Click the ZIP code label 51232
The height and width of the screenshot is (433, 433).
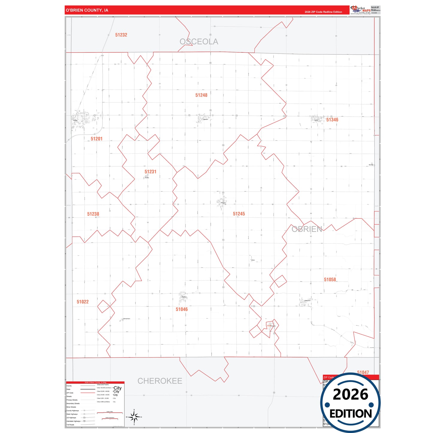121,35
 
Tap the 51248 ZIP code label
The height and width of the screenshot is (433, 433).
201,95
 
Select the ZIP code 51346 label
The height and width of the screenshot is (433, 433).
332,120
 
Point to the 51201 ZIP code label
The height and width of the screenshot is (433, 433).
96,139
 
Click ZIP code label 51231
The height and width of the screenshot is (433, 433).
150,172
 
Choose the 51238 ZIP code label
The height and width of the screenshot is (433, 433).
93,214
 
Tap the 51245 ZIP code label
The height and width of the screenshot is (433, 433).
239,214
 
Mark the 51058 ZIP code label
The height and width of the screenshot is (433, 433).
330,280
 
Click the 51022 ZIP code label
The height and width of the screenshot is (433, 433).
83,302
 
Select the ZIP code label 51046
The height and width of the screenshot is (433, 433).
182,309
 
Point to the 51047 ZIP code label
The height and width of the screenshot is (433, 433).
363,372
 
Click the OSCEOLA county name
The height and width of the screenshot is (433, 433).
199,42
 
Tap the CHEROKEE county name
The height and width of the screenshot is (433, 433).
160,381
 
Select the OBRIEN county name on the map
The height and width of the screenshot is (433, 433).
307,229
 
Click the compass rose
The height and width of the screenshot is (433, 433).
134,417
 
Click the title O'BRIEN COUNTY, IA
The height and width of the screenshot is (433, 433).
87,10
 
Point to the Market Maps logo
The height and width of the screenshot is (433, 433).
360,10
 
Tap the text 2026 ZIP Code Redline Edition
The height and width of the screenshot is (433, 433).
323,12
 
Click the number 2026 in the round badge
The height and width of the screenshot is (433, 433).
350,394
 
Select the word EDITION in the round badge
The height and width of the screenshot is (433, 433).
350,414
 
